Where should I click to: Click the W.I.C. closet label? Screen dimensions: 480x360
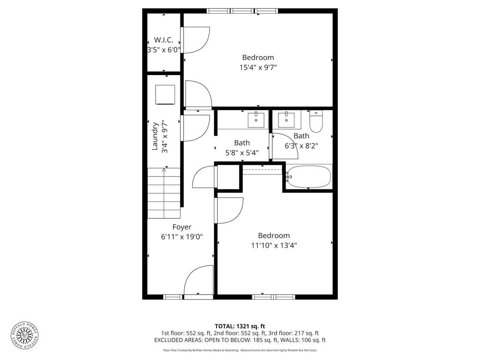coord(164,40)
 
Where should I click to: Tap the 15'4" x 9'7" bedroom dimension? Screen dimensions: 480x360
coord(258,67)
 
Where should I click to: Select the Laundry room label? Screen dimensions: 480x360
coord(155,136)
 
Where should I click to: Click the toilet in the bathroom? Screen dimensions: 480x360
coord(316,121)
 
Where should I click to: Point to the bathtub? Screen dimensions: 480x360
coord(308,177)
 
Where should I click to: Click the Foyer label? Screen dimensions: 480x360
coord(182,227)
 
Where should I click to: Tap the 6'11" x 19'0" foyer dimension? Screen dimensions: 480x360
coord(182,237)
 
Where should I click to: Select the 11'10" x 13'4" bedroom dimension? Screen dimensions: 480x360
coord(274,245)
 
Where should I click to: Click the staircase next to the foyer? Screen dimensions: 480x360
coord(164,193)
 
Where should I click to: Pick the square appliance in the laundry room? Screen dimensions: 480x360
coord(165,95)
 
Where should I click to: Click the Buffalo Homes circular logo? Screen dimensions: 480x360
coord(25,336)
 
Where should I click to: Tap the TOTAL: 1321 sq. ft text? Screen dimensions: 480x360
coord(240,326)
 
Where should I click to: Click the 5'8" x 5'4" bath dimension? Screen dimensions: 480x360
coord(242,152)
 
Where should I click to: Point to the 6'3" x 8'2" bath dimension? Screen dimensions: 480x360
coord(301,146)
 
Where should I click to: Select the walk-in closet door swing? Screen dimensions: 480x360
coord(195,40)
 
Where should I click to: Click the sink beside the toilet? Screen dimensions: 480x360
coord(286,119)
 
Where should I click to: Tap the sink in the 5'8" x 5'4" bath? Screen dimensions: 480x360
coord(256,119)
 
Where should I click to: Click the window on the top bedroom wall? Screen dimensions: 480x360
coord(242,11)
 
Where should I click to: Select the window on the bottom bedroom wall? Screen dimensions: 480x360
coord(273,297)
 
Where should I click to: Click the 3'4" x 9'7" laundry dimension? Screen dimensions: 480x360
coord(165,136)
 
